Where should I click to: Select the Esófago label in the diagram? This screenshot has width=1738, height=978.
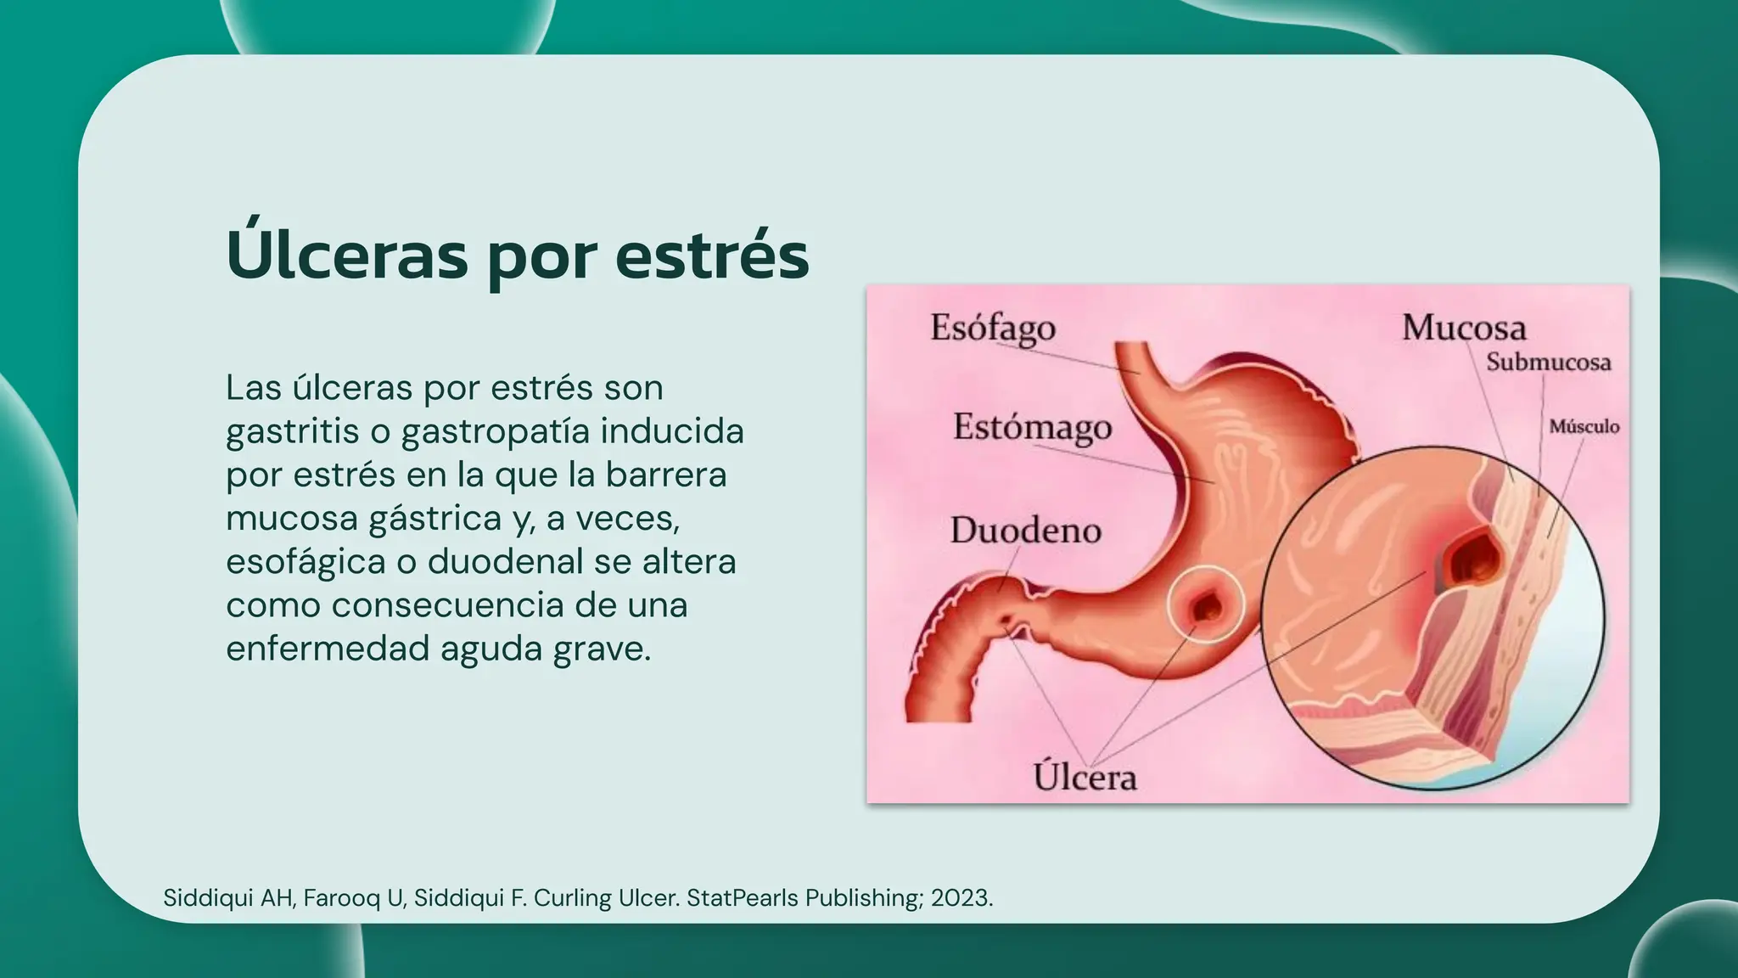(992, 329)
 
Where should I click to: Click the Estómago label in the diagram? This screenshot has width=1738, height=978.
(1032, 428)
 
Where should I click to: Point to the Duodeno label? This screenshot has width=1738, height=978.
(1025, 531)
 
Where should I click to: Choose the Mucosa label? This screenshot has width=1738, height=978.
(1463, 328)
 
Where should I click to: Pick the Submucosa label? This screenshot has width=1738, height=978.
(1548, 363)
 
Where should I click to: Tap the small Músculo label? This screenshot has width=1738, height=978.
(1584, 426)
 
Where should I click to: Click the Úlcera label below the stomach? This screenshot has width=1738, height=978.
(1085, 777)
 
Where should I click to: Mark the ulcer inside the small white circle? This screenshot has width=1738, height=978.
(1206, 606)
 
